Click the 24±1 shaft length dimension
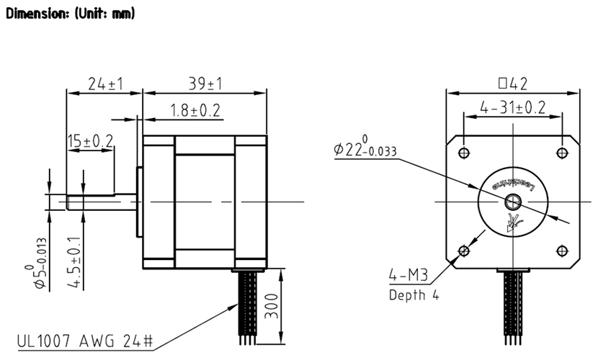click(x=105, y=84)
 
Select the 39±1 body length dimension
click(x=204, y=84)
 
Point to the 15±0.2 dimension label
click(x=90, y=141)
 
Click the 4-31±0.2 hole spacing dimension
click(x=512, y=108)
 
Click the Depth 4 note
click(x=413, y=294)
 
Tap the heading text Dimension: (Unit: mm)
click(x=70, y=14)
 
